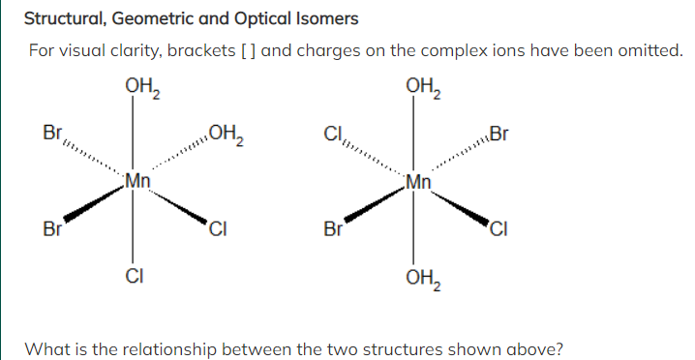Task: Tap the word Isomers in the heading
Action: pos(323,18)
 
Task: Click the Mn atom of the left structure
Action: pos(137,180)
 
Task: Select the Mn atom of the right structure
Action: pos(418,180)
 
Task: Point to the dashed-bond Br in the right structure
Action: pos(498,134)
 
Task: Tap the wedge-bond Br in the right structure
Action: pos(334,230)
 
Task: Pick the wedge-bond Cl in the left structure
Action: pos(218,230)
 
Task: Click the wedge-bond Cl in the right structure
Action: pos(499,230)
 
